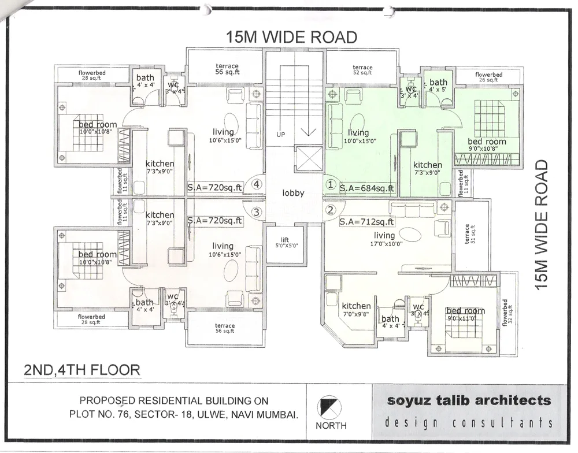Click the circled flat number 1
pos(331,185)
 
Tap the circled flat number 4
pos(257,185)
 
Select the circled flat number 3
pos(257,212)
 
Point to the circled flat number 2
pos(331,210)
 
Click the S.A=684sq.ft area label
pos(367,188)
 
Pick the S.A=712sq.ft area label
pos(367,221)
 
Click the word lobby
pos(293,193)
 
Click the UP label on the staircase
pos(281,134)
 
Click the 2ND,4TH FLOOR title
pos(81,370)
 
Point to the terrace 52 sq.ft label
pos(362,70)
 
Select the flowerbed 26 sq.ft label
pos(488,77)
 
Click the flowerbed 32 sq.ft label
pos(507,311)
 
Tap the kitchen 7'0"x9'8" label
pos(356,310)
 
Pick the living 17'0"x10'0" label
pos(384,239)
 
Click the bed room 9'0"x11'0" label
pos(465,314)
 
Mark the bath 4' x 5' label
pos(438,86)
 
